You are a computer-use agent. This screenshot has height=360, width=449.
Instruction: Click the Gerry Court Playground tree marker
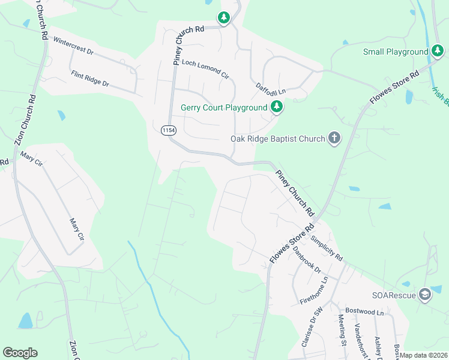277,107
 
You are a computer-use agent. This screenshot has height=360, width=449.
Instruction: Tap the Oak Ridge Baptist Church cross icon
334,139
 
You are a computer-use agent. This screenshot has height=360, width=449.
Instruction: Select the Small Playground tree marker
438,52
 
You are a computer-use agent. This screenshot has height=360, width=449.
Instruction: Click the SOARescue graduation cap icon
425,294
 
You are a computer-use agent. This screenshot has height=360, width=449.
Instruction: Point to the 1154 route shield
168,130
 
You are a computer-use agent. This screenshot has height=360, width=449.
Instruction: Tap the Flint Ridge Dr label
90,79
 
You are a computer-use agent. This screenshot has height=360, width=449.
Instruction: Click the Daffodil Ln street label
271,89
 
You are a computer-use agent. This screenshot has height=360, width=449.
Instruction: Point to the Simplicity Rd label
327,247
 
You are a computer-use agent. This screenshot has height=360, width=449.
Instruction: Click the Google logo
20,353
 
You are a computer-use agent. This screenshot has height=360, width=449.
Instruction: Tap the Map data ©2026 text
423,355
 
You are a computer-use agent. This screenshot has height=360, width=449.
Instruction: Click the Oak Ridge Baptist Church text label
277,139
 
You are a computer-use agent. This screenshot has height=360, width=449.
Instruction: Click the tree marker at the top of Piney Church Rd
224,18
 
